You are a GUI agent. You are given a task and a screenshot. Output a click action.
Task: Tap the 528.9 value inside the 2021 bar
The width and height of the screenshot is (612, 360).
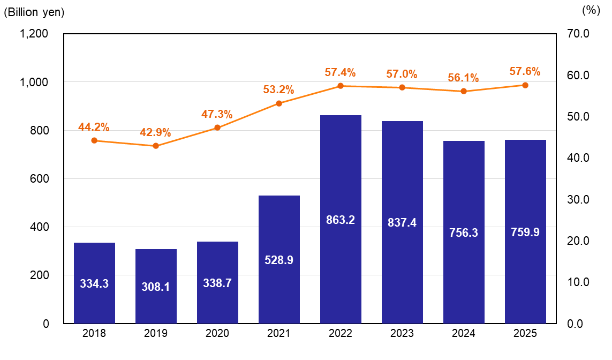279,260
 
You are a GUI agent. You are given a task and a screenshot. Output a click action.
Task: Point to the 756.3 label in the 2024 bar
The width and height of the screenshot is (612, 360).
464,233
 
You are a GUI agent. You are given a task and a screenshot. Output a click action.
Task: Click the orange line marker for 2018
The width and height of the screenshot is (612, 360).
94,140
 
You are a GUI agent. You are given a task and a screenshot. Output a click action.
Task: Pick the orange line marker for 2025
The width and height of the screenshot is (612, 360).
525,85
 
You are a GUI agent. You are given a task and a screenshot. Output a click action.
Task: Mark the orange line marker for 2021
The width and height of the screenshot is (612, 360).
279,103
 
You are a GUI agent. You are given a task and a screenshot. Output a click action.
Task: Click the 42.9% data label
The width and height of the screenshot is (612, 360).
155,132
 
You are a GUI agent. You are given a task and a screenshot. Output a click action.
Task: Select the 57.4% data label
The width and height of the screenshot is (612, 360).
340,72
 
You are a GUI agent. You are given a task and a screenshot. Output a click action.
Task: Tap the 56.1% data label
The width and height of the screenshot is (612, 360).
463,78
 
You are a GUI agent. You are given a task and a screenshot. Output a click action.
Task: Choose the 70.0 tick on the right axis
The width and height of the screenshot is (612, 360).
578,34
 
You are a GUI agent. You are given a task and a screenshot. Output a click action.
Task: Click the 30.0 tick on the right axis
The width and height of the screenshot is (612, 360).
578,199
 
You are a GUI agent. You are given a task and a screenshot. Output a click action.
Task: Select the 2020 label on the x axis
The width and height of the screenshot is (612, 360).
217,333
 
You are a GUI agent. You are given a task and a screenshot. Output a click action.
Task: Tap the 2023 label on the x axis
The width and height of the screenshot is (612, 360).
402,333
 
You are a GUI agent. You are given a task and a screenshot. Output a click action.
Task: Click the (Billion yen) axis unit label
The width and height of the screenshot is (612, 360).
34,12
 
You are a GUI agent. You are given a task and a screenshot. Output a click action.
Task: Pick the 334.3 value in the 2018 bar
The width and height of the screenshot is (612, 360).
94,284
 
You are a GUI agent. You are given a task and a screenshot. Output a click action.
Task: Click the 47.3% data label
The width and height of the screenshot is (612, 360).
217,114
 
